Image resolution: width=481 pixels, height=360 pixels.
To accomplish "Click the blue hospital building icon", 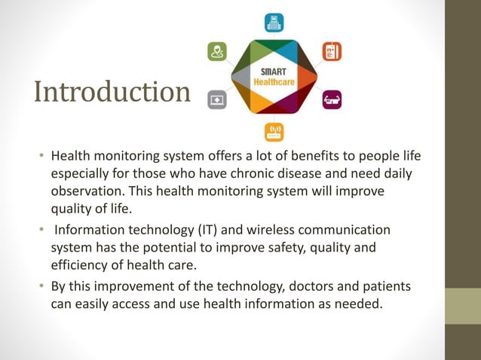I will click(274, 23).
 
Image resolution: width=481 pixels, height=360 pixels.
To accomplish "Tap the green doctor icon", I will click(217, 51).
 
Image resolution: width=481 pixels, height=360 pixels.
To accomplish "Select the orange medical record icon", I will click(332, 51).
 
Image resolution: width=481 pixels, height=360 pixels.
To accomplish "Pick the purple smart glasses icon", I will click(332, 99).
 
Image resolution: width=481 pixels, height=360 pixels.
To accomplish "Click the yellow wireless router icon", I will click(274, 133).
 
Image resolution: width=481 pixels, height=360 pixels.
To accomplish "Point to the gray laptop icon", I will click(217, 99).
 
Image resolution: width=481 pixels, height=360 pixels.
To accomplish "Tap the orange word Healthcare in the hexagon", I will click(274, 81).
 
